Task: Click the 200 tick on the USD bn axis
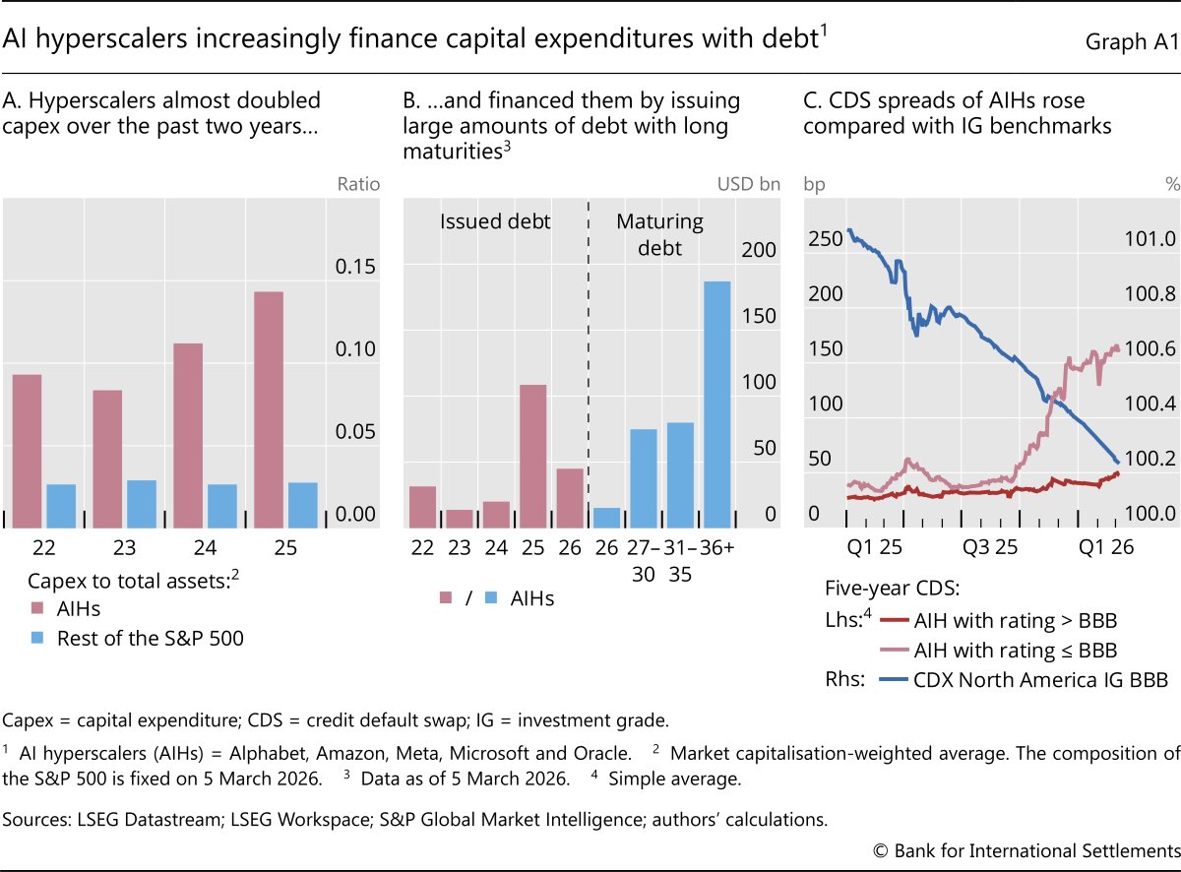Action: coord(758,250)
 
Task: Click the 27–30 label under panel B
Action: coord(644,559)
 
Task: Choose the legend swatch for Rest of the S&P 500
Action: coord(38,638)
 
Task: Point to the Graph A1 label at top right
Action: coord(1130,41)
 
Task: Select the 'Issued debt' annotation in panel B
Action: coord(495,221)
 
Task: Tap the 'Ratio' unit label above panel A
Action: coord(358,184)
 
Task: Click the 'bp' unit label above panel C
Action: coord(816,184)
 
